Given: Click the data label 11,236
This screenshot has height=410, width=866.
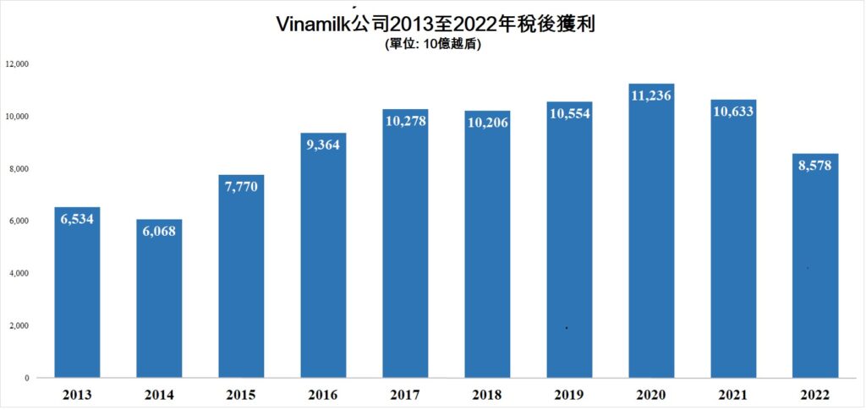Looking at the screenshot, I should [651, 96].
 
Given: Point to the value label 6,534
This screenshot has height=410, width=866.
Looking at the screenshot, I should [77, 218].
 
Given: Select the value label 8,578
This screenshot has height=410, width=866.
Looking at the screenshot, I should [815, 166].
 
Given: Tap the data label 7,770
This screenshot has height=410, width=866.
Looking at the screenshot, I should [241, 187].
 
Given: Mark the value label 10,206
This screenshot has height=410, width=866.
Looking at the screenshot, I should [487, 122].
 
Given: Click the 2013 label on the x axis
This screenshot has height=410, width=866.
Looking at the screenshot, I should [77, 395].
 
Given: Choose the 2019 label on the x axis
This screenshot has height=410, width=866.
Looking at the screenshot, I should [569, 395].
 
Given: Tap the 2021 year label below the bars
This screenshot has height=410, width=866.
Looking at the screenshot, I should [733, 395].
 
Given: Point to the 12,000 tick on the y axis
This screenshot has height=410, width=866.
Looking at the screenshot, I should [17, 64].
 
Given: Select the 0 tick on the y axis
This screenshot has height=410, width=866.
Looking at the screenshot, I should [27, 378].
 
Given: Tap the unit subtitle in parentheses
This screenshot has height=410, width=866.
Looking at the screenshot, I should [432, 46].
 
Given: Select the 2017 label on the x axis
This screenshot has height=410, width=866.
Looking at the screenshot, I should [405, 395].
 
